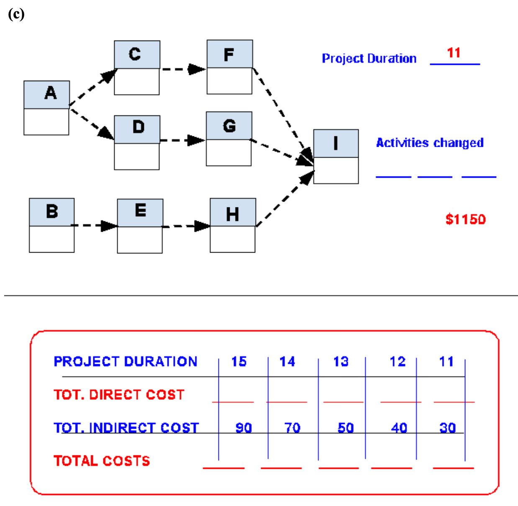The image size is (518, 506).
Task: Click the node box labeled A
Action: pyautogui.click(x=46, y=107)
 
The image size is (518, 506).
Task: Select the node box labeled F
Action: pyautogui.click(x=229, y=67)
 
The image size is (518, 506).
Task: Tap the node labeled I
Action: pyautogui.click(x=336, y=156)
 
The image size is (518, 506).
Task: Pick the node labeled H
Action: pyautogui.click(x=232, y=225)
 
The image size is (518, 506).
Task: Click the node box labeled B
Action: pyautogui.click(x=51, y=225)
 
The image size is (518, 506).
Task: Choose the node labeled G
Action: pyautogui.click(x=229, y=138)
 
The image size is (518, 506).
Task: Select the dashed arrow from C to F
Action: pyautogui.click(x=183, y=69)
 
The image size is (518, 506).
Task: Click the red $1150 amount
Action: pyautogui.click(x=465, y=219)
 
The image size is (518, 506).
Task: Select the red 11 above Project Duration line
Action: pyautogui.click(x=454, y=53)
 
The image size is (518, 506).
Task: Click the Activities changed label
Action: pyautogui.click(x=430, y=143)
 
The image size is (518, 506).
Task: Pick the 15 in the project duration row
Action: pyautogui.click(x=239, y=361)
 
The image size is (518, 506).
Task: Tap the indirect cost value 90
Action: pyautogui.click(x=244, y=427)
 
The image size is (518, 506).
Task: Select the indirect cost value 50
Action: pyautogui.click(x=346, y=427)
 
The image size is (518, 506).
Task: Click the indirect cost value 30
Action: pyautogui.click(x=447, y=427)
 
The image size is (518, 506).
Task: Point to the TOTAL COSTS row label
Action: pyautogui.click(x=102, y=461)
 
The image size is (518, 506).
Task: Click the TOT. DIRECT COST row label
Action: pyautogui.click(x=119, y=394)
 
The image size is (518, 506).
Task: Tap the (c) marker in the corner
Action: pyautogui.click(x=16, y=14)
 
